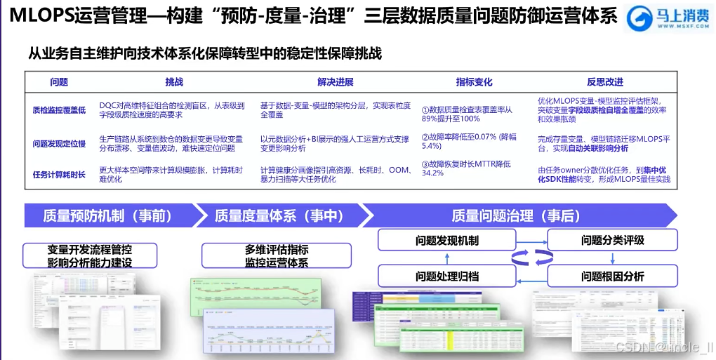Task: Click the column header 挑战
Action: click(x=174, y=82)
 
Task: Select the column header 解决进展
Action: click(x=335, y=82)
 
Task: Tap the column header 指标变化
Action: click(x=474, y=82)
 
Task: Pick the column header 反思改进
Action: click(x=604, y=82)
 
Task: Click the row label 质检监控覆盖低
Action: click(x=59, y=110)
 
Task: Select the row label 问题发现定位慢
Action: click(x=59, y=144)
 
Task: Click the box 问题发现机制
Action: click(x=446, y=241)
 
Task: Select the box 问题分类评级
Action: click(x=612, y=241)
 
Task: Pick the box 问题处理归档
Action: click(x=446, y=276)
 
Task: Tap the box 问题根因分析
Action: click(x=612, y=276)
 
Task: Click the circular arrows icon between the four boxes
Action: click(x=529, y=258)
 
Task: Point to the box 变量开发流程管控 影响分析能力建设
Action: click(x=89, y=256)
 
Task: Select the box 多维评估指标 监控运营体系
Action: click(x=276, y=256)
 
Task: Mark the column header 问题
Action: click(x=59, y=82)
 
